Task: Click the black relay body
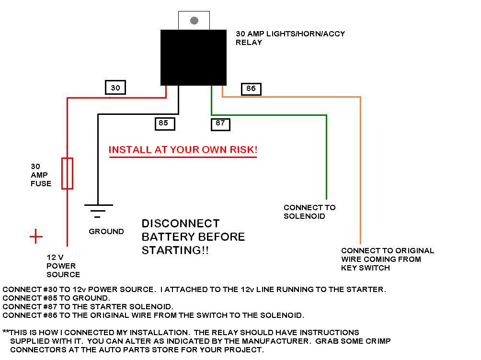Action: click(x=194, y=57)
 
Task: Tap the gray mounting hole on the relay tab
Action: click(x=194, y=21)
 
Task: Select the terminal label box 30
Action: click(x=115, y=88)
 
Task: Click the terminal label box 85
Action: click(x=164, y=123)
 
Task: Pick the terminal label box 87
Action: click(x=220, y=123)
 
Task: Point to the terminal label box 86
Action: click(x=251, y=89)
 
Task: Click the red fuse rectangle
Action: click(x=68, y=173)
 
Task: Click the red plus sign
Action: click(x=36, y=236)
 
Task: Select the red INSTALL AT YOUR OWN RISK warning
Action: click(x=183, y=150)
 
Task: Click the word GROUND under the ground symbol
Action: click(x=106, y=232)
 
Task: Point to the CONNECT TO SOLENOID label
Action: click(x=309, y=212)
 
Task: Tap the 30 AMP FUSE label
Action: click(x=41, y=175)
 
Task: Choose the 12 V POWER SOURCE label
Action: click(x=63, y=266)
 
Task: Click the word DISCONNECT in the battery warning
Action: click(x=181, y=224)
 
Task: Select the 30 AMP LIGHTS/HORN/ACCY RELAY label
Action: click(x=290, y=38)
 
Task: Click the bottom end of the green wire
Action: click(x=327, y=197)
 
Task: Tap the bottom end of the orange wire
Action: click(x=360, y=243)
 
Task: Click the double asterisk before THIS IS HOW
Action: click(x=6, y=332)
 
